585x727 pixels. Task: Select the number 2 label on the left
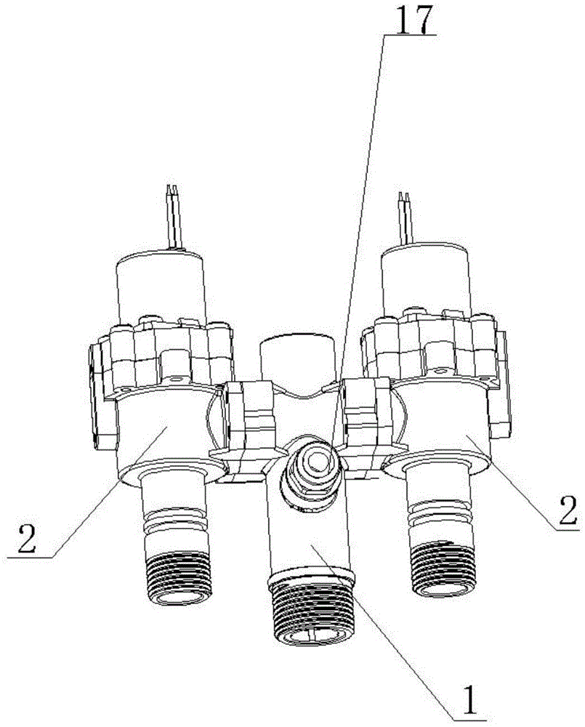(x=26, y=538)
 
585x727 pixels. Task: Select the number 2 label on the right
(x=568, y=510)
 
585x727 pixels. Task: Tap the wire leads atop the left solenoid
(x=174, y=217)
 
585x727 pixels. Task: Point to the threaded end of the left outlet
(x=178, y=577)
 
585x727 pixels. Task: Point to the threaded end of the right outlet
(x=443, y=567)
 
